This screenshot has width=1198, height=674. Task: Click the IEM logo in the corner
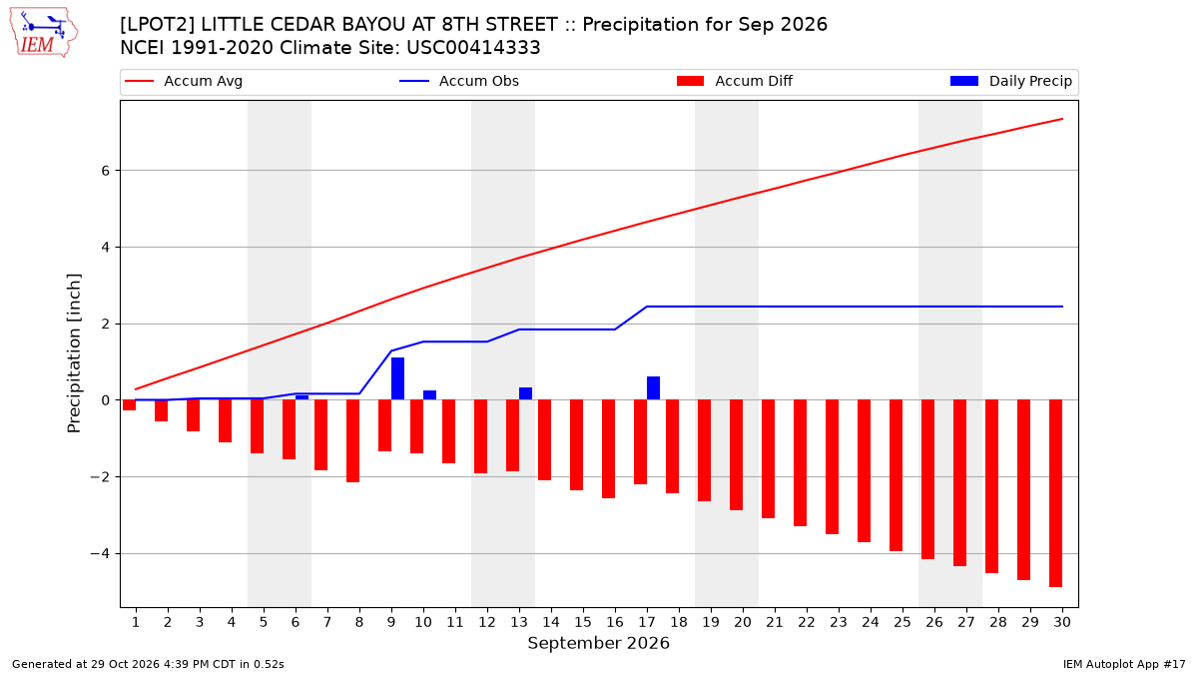click(44, 33)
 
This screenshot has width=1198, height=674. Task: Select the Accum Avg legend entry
click(184, 81)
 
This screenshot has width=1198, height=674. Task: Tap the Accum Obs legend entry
click(459, 81)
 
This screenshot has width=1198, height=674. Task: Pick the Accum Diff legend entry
click(735, 81)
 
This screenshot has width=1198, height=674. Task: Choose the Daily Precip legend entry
click(1010, 81)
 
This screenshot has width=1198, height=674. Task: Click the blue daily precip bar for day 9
click(397, 378)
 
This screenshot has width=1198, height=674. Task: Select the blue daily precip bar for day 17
click(653, 387)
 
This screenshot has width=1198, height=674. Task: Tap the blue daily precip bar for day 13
click(525, 393)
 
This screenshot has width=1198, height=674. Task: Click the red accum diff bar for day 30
click(1055, 493)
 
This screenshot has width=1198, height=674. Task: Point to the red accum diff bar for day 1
click(129, 405)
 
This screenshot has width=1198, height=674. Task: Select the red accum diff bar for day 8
click(352, 440)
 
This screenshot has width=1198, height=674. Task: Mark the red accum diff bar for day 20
click(736, 454)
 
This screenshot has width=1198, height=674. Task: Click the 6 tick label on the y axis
click(105, 171)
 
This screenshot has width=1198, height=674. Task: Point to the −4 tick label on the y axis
click(100, 553)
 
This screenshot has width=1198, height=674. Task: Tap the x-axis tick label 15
click(583, 622)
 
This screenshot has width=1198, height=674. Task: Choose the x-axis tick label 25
click(902, 622)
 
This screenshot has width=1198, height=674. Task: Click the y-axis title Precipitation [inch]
click(74, 353)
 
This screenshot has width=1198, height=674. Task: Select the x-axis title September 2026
click(598, 643)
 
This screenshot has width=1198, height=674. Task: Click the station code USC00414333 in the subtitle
click(473, 48)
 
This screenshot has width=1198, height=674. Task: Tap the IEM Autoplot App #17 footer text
click(1124, 664)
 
